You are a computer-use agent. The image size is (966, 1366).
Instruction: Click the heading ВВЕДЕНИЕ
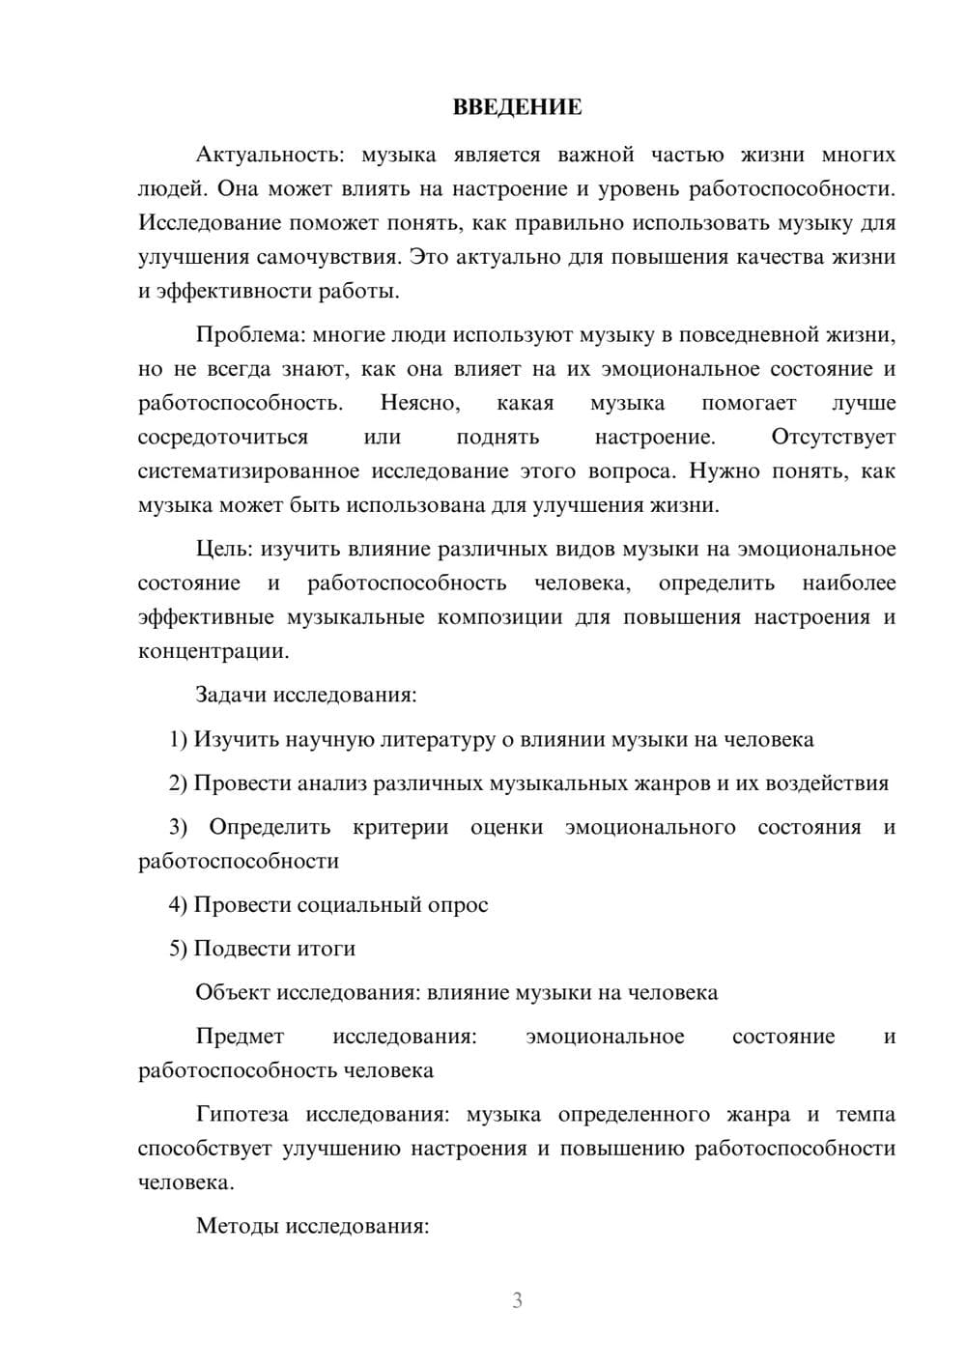517,107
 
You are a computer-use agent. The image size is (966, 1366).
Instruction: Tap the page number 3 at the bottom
517,1300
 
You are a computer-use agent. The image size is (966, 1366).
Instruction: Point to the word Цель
223,549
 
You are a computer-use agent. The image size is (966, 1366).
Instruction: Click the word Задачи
232,695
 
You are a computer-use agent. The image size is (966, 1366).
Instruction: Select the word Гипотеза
241,1114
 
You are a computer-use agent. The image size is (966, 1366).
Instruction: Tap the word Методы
235,1226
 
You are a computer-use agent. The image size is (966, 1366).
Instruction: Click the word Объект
233,992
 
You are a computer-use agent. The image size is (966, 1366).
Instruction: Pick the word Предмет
240,1037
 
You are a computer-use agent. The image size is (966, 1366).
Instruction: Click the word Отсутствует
833,437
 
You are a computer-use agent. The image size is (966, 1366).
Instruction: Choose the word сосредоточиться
223,437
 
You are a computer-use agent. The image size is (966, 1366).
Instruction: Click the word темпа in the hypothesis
865,1114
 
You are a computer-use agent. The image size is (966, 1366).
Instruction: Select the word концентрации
213,651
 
